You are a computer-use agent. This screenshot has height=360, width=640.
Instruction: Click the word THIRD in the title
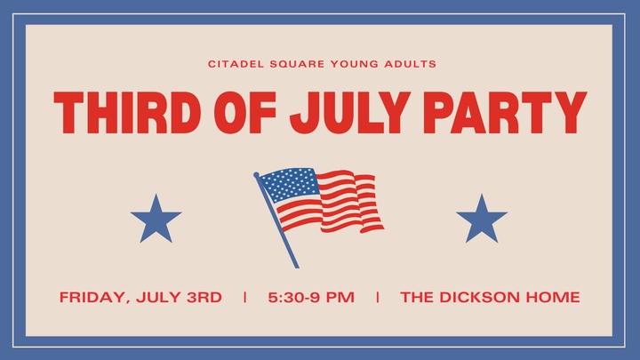pyautogui.click(x=127, y=113)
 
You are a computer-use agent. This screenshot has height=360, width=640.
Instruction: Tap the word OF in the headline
pyautogui.click(x=245, y=113)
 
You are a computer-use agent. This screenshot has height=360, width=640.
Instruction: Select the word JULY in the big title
pyautogui.click(x=350, y=113)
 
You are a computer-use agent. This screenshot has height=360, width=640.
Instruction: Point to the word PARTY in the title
pyautogui.click(x=505, y=113)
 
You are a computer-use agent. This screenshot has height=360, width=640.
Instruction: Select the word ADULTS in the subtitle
pyautogui.click(x=410, y=64)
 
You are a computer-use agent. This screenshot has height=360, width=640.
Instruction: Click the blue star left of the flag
pyautogui.click(x=156, y=220)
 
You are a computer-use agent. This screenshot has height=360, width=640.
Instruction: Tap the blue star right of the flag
pyautogui.click(x=482, y=220)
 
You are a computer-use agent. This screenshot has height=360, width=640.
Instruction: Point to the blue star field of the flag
pyautogui.click(x=290, y=185)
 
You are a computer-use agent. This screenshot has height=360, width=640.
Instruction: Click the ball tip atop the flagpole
pyautogui.click(x=256, y=175)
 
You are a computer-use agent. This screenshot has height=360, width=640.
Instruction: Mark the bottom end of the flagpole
pyautogui.click(x=297, y=268)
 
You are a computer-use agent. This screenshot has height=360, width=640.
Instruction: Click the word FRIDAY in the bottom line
pyautogui.click(x=95, y=297)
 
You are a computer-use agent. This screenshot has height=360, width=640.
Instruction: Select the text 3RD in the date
pyautogui.click(x=204, y=297)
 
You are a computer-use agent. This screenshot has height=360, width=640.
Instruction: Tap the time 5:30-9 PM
pyautogui.click(x=311, y=297)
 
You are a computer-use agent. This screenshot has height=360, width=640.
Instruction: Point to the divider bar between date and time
pyautogui.click(x=245, y=297)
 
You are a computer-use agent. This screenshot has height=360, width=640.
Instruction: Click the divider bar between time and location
pyautogui.click(x=378, y=297)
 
